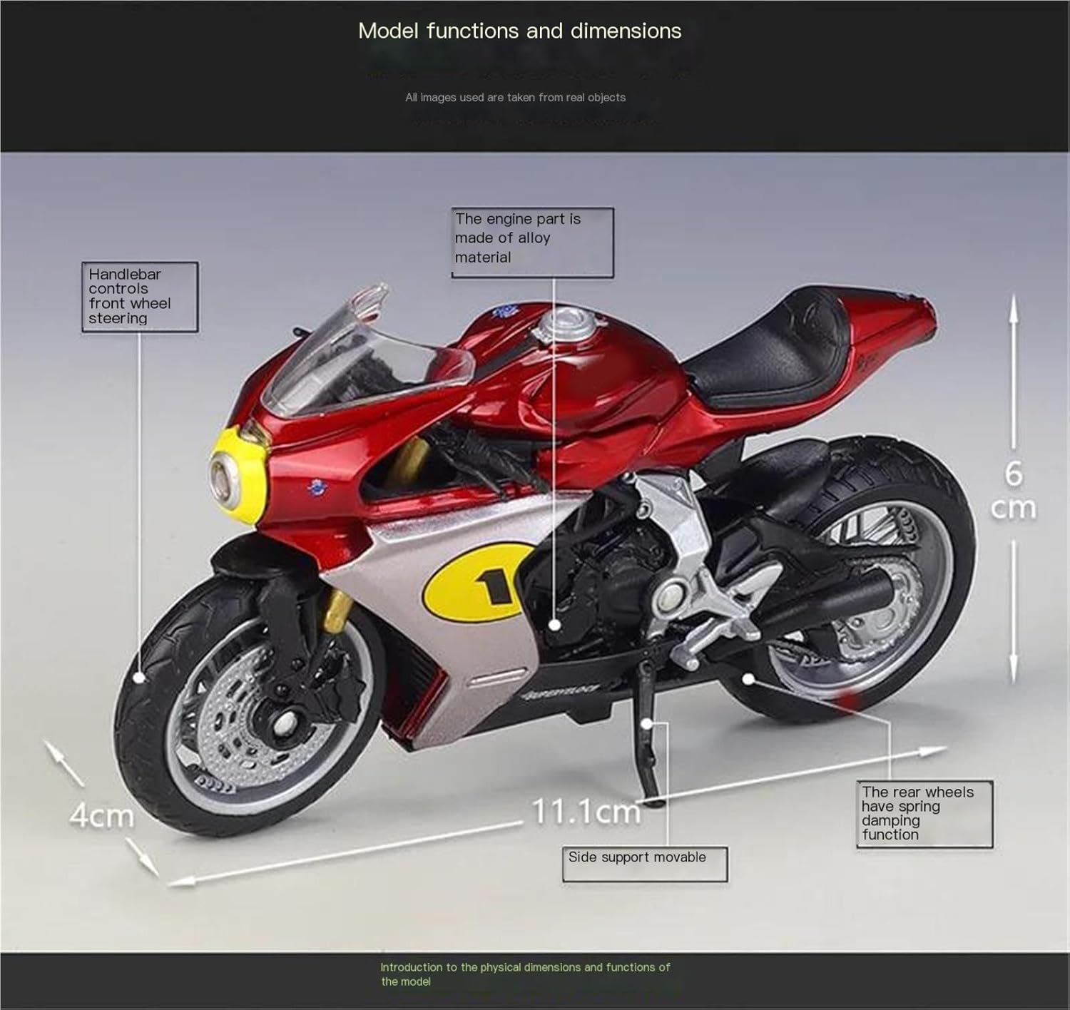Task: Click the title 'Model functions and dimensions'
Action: pyautogui.click(x=519, y=31)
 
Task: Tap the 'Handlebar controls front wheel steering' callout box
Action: pyautogui.click(x=139, y=296)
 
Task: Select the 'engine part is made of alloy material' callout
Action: pyautogui.click(x=532, y=242)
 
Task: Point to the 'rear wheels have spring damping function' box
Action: pyautogui.click(x=924, y=813)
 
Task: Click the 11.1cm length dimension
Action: pyautogui.click(x=586, y=812)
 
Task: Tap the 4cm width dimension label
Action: pyautogui.click(x=101, y=815)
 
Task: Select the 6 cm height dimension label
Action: pyautogui.click(x=1014, y=491)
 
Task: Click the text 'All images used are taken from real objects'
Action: pyautogui.click(x=515, y=98)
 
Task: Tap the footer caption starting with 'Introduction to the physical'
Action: pyautogui.click(x=525, y=974)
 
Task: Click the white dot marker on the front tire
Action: pyautogui.click(x=140, y=677)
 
